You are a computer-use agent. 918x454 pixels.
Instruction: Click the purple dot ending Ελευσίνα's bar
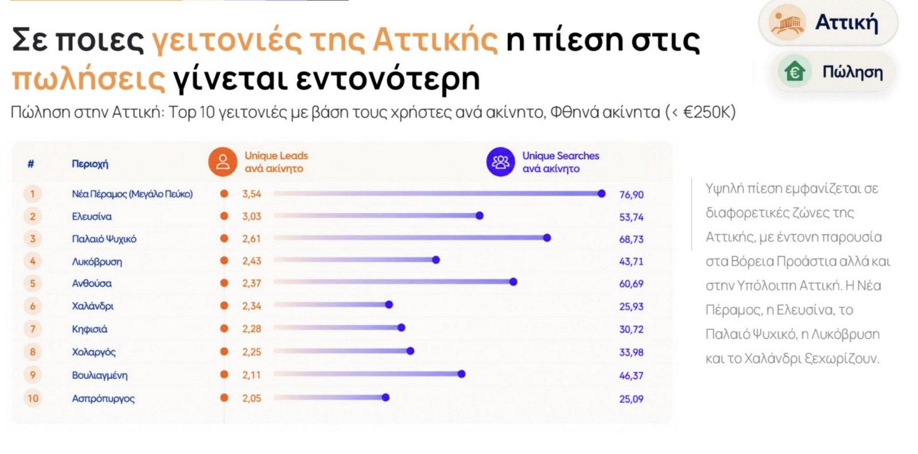pos(480,216)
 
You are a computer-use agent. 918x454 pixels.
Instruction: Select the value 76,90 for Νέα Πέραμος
pos(631,195)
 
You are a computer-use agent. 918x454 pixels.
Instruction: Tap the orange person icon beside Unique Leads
pos(223,162)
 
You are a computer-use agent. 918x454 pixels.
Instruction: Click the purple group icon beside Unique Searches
pos(500,162)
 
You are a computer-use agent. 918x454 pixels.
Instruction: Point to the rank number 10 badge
pos(33,398)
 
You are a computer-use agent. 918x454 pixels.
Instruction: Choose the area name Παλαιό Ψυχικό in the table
pos(104,239)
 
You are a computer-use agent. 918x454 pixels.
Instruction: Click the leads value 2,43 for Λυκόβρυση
pos(251,261)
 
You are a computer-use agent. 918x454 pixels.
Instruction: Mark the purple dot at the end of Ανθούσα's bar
pos(513,282)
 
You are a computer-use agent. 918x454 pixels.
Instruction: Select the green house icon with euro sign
pos(795,72)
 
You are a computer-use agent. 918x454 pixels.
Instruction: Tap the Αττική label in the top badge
pos(847,22)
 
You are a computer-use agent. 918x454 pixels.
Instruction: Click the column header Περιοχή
pos(90,164)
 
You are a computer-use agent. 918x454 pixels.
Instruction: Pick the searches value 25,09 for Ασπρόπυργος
pos(631,399)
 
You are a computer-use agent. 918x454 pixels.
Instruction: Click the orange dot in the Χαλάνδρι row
pos(224,305)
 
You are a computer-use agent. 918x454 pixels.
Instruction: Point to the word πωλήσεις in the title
pos(88,79)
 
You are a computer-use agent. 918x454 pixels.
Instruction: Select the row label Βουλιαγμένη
pos(100,375)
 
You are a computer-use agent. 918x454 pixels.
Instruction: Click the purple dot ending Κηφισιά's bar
pos(401,327)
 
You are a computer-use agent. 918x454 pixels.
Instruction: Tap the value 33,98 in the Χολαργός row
pos(631,352)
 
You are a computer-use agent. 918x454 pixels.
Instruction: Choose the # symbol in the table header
pos(31,164)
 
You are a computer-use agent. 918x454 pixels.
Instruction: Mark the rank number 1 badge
pos(33,193)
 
